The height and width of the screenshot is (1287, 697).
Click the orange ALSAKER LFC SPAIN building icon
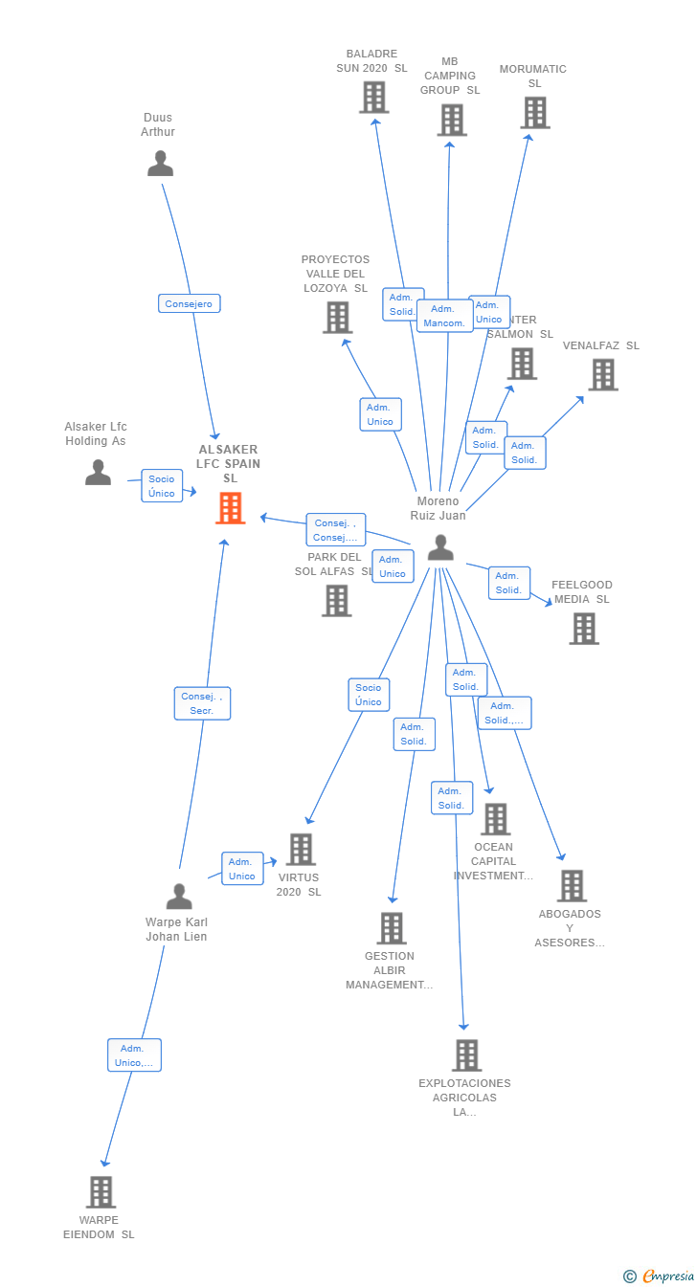coord(230,508)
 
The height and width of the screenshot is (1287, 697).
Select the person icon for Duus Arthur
coord(160,164)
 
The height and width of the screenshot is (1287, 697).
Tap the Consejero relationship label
coord(190,303)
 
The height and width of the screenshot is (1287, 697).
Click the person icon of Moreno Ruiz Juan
coord(440,547)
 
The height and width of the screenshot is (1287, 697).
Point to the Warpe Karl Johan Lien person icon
coord(179,897)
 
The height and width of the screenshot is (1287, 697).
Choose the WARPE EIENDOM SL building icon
coord(101,1192)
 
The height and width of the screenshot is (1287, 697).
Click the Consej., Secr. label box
coord(202,703)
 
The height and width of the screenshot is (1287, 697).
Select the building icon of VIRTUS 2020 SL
coord(301,849)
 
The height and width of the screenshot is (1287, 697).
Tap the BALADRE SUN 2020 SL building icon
coord(373,97)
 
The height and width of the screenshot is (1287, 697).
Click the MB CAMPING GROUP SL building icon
coord(452,120)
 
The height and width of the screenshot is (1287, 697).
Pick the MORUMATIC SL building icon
coord(534,112)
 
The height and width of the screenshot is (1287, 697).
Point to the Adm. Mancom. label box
coord(444,316)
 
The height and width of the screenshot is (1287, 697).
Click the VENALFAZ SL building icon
coord(602,374)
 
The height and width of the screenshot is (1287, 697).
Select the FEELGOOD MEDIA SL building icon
coord(583,629)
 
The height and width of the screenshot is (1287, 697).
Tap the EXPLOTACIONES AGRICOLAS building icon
coord(466,1054)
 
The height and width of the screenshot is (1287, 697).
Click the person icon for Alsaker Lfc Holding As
coord(98,472)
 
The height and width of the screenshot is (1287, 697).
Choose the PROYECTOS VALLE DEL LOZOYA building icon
coord(337,317)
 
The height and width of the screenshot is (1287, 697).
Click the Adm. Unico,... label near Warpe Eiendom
coord(134,1054)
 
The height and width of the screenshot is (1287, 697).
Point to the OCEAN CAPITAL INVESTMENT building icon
coord(495,819)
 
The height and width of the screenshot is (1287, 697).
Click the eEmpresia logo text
coord(667,1276)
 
